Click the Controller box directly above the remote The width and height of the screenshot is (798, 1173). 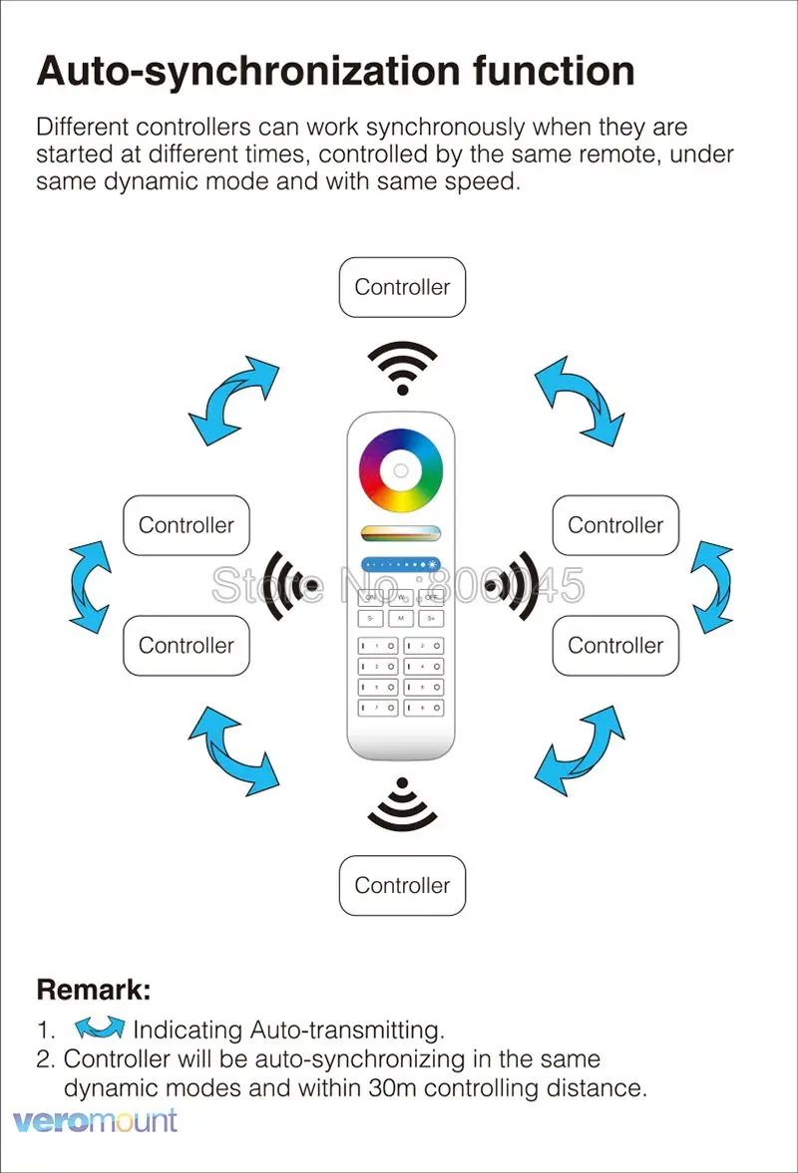(402, 287)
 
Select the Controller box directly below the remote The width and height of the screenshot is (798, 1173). (402, 885)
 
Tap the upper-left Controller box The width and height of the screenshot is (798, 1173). (186, 525)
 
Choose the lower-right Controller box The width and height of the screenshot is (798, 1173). (615, 645)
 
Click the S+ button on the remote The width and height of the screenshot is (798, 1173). (431, 619)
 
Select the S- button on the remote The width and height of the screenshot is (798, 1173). (370, 619)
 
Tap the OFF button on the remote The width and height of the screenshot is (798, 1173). (431, 598)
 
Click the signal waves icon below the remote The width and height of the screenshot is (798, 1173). (402, 805)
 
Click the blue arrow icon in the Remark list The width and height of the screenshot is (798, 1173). (100, 1028)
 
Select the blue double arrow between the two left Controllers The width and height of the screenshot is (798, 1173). (90, 586)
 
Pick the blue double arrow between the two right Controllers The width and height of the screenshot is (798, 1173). (712, 586)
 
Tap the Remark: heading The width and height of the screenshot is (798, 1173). (94, 990)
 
